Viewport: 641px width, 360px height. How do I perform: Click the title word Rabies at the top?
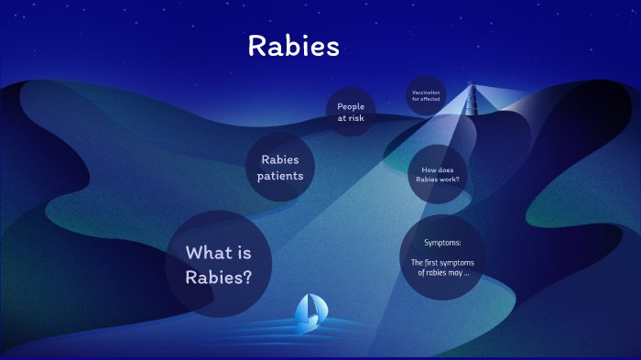[x=293, y=47]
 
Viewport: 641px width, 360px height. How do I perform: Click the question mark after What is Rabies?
[x=246, y=276]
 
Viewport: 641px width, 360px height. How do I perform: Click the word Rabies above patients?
[x=280, y=159]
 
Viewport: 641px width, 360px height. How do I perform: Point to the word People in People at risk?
[x=351, y=106]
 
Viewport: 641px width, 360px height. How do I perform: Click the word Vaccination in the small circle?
[x=427, y=93]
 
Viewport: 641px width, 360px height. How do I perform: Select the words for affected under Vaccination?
[x=427, y=99]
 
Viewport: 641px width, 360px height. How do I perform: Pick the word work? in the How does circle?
[x=450, y=180]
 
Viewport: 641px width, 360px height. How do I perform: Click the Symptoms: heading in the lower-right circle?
[x=442, y=243]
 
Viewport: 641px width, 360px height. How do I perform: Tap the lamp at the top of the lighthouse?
[x=473, y=88]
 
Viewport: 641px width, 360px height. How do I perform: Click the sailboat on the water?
[x=309, y=312]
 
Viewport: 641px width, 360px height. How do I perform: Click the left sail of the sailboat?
[x=303, y=310]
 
